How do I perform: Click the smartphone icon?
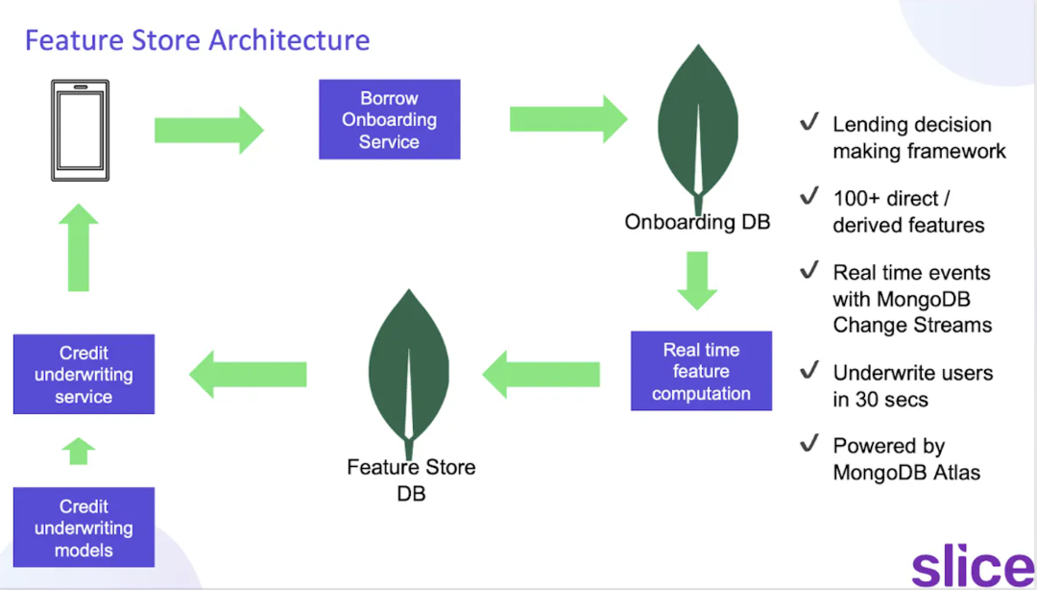(81, 130)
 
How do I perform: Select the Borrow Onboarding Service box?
(389, 120)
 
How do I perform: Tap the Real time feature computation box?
(701, 372)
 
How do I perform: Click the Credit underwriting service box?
(84, 375)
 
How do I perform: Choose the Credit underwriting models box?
(84, 528)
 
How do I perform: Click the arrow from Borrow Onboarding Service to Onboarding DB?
(567, 119)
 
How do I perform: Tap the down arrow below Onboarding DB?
(698, 280)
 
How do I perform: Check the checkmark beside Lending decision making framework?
(808, 123)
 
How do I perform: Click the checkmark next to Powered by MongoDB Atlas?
(808, 445)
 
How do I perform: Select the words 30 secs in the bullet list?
(892, 399)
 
